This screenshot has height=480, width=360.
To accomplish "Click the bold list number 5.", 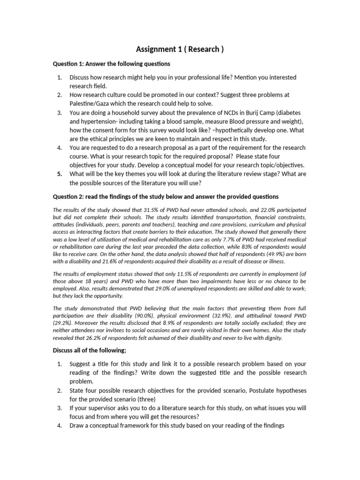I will point(60,173).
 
